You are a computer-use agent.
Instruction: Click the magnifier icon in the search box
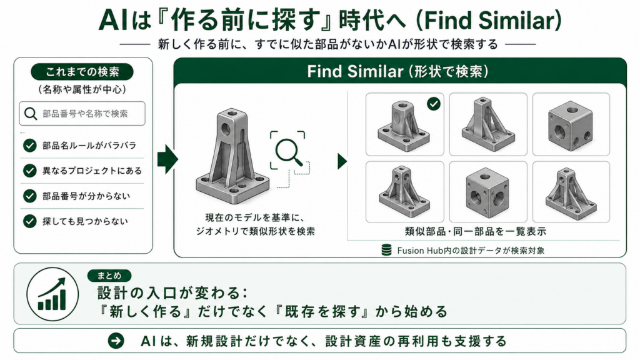[x=31, y=114]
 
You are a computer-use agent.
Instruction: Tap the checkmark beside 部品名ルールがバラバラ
[x=30, y=145]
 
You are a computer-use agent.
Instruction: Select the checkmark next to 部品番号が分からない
[x=30, y=196]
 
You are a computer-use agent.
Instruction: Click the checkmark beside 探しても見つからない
[x=30, y=221]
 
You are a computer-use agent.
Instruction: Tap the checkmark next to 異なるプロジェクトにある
[x=30, y=171]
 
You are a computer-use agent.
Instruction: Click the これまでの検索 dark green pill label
[x=82, y=72]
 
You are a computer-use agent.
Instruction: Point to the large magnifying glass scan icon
[x=289, y=151]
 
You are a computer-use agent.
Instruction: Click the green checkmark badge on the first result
[x=434, y=104]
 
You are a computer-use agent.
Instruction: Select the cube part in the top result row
[x=571, y=125]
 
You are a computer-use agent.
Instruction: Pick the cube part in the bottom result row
[x=487, y=192]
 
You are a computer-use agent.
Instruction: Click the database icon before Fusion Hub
[x=386, y=250]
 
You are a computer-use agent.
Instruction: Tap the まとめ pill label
[x=109, y=276]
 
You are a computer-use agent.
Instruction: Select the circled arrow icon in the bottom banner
[x=116, y=341]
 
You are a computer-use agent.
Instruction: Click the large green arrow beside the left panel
[x=167, y=159]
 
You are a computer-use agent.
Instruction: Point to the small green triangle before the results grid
[x=342, y=161]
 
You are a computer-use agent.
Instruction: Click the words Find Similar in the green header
[x=355, y=72]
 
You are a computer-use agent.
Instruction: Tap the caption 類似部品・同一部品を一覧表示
[x=476, y=231]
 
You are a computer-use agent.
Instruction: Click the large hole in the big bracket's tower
[x=225, y=130]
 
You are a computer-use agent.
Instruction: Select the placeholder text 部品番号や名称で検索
[x=85, y=114]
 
